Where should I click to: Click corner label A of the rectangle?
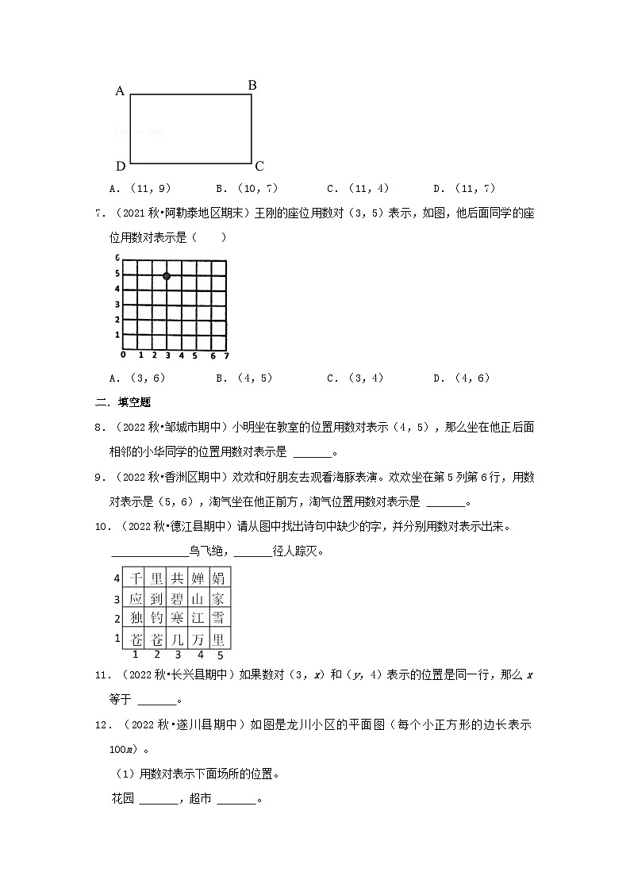[121, 91]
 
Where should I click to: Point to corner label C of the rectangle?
[259, 167]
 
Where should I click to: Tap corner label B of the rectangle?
[252, 85]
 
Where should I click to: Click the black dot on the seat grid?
[167, 276]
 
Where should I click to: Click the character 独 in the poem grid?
[136, 619]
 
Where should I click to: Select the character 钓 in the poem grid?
[157, 619]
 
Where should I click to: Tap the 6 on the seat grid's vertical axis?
[117, 259]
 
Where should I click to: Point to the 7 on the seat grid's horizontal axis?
[225, 355]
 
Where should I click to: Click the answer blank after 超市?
[236, 799]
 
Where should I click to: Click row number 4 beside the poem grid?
[117, 578]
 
